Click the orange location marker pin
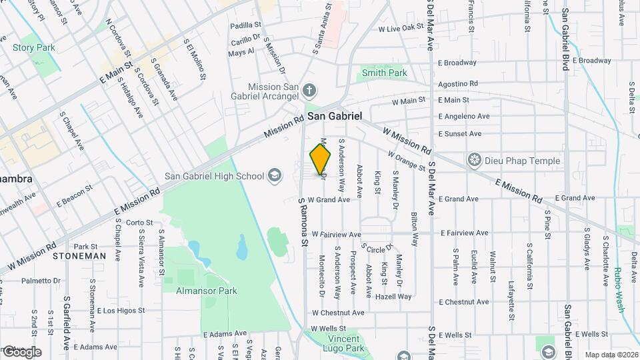tap(321, 159)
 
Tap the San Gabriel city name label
tap(335, 116)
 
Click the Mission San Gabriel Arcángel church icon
tap(309, 89)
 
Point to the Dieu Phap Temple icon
tap(475, 159)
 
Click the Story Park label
tap(34, 47)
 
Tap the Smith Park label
tap(384, 73)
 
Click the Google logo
tap(21, 351)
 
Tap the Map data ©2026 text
tap(611, 355)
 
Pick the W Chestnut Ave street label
tap(337, 312)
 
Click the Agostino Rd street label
tap(458, 84)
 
